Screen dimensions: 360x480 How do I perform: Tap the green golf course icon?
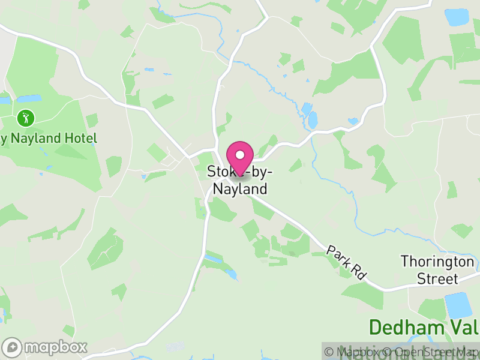click(x=25, y=118)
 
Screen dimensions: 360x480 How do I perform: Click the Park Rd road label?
click(x=347, y=262)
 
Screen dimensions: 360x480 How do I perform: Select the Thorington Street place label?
click(x=438, y=270)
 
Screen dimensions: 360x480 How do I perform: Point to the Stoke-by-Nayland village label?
click(x=240, y=180)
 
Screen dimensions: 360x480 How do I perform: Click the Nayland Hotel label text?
click(x=48, y=139)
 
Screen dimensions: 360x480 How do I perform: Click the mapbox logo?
click(x=45, y=347)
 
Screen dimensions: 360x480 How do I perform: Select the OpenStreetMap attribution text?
click(x=433, y=352)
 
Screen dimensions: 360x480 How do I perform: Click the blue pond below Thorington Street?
click(x=458, y=305)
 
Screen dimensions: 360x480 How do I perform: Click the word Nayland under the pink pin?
click(x=240, y=189)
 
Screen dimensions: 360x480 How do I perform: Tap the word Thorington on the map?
click(x=438, y=262)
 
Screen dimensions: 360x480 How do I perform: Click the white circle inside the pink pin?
click(x=240, y=155)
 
